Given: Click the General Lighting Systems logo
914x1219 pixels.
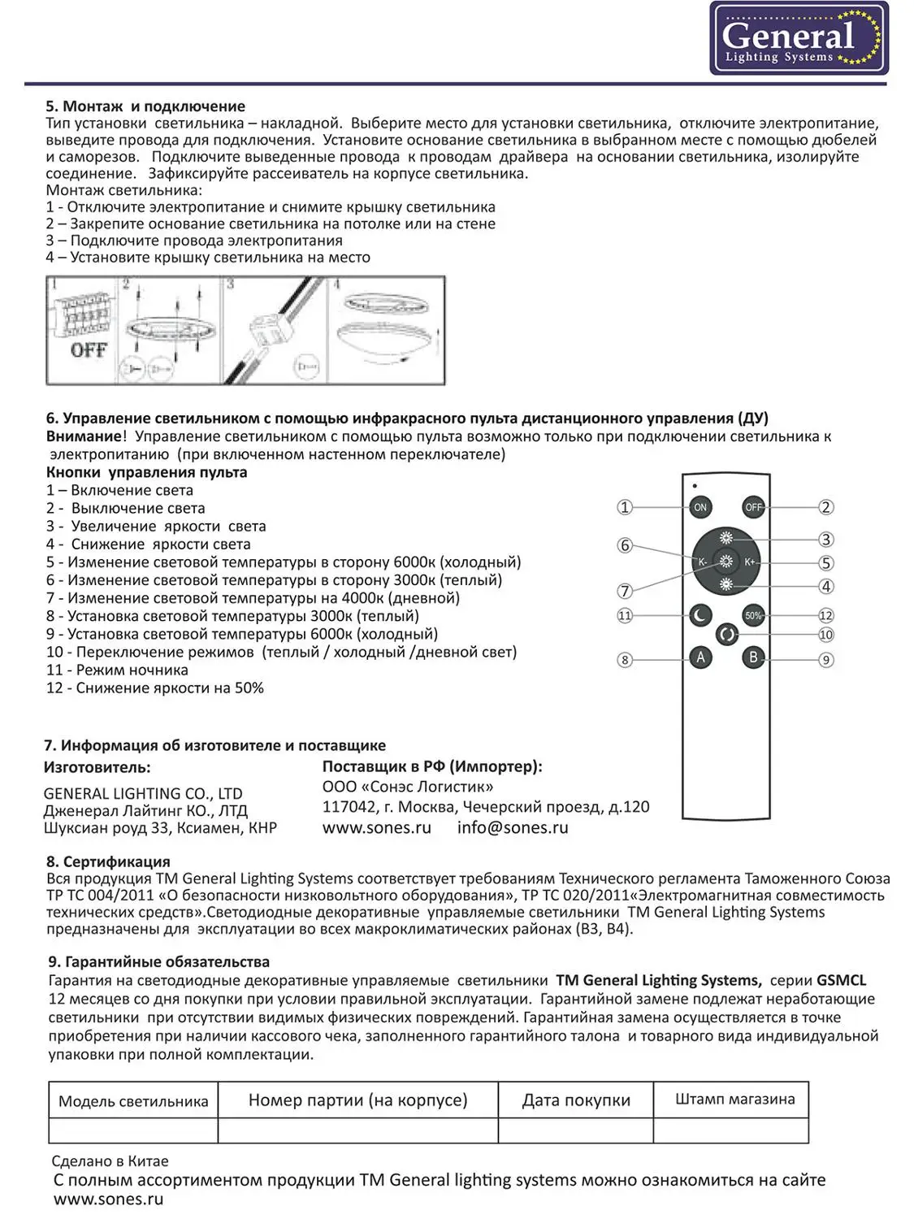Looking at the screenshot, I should pyautogui.click(x=799, y=38).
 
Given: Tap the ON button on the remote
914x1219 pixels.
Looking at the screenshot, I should pyautogui.click(x=700, y=507).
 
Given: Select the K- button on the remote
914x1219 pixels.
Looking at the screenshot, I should pyautogui.click(x=702, y=562).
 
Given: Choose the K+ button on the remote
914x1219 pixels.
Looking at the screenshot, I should pyautogui.click(x=750, y=562).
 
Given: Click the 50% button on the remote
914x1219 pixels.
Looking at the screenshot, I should pyautogui.click(x=753, y=615).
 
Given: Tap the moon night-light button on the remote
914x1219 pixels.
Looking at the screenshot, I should pyautogui.click(x=700, y=615).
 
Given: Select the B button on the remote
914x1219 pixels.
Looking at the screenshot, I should pyautogui.click(x=753, y=657).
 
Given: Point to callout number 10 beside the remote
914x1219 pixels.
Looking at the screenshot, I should pyautogui.click(x=825, y=635).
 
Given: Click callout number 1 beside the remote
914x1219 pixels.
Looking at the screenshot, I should pyautogui.click(x=624, y=507).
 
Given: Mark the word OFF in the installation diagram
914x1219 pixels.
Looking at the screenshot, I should pyautogui.click(x=89, y=350).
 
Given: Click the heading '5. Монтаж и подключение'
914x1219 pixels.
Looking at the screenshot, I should pyautogui.click(x=145, y=106).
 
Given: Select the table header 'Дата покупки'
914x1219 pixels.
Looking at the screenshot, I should pyautogui.click(x=576, y=1100).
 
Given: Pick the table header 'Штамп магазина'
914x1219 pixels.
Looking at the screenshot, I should pyautogui.click(x=734, y=1100).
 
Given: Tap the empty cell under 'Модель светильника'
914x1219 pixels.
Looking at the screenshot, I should pyautogui.click(x=133, y=1130).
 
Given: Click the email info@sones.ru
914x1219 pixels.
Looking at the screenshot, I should pyautogui.click(x=512, y=828).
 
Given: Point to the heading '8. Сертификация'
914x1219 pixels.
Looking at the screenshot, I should pyautogui.click(x=108, y=861).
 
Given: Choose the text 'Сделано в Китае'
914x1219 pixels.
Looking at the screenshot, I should pyautogui.click(x=110, y=1161).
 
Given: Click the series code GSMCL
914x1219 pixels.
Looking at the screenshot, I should pyautogui.click(x=841, y=980).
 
